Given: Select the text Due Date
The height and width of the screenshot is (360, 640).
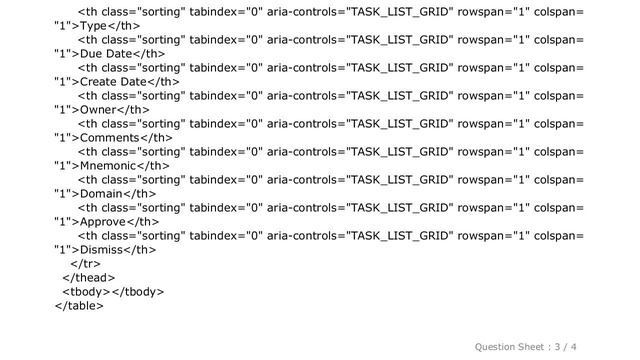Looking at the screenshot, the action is (107, 53).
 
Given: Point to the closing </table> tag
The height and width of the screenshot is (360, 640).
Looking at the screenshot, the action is (78, 305).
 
